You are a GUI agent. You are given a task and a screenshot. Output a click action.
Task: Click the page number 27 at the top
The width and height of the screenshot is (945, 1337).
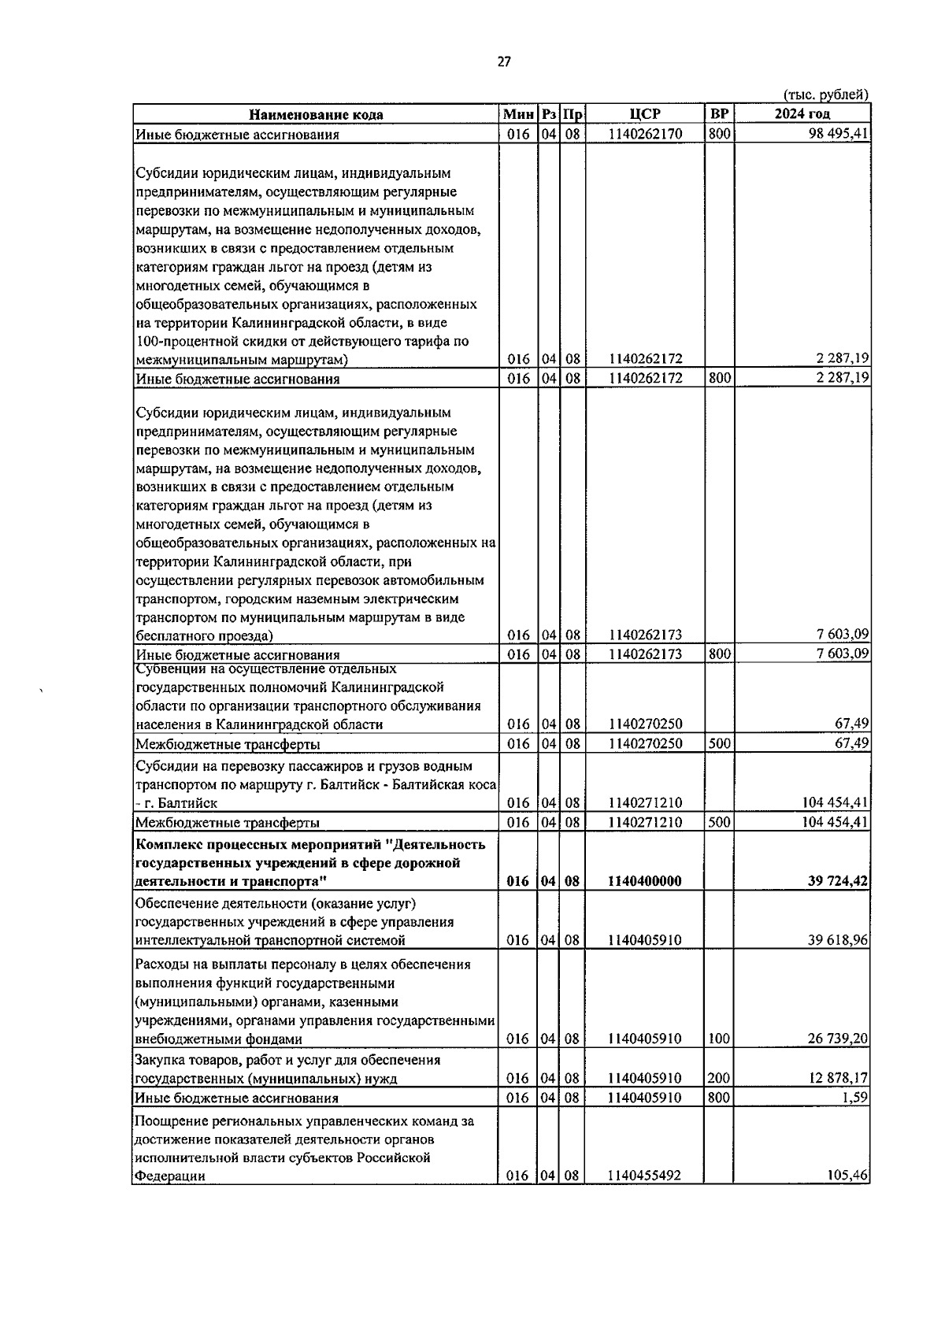tap(504, 62)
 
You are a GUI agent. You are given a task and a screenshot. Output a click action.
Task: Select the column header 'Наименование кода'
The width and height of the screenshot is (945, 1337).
tap(317, 115)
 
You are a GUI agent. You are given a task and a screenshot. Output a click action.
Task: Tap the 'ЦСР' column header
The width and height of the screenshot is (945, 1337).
tap(645, 114)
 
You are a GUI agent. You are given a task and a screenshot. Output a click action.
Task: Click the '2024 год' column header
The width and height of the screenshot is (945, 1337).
tap(802, 114)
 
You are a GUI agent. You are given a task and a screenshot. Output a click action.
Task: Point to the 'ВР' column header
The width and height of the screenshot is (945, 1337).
tap(719, 114)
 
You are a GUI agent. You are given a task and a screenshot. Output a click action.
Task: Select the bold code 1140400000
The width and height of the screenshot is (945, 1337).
tap(645, 882)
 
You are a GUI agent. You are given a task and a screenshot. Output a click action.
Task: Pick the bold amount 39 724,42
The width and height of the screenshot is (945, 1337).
tap(838, 882)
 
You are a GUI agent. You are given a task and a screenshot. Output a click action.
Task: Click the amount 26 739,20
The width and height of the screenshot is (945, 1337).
tap(839, 1039)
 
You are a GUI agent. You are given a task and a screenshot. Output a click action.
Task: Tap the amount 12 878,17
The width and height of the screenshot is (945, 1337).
tap(839, 1079)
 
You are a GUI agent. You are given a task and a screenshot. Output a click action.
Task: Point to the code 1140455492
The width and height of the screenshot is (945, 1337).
tap(645, 1176)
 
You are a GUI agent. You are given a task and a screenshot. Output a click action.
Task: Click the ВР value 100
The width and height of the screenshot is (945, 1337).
tap(718, 1039)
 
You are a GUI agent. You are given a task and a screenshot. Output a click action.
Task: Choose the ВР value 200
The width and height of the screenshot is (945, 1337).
tap(718, 1079)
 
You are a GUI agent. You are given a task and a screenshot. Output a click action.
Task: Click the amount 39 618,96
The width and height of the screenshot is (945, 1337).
tap(839, 940)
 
